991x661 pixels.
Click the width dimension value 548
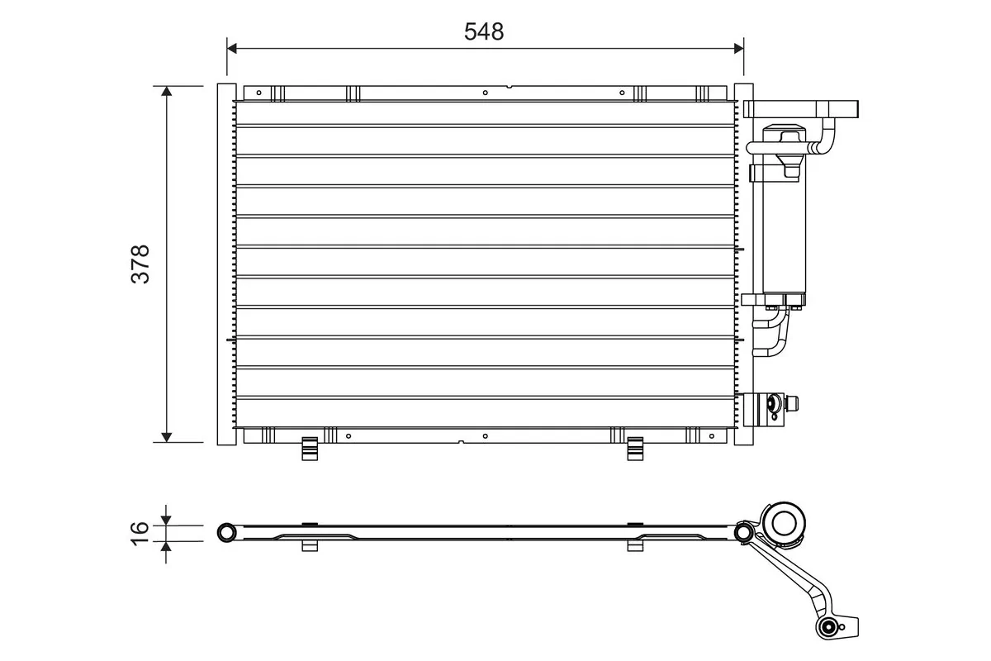484,31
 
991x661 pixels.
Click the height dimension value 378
141,264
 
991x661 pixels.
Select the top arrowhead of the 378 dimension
167,91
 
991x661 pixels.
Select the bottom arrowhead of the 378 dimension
167,436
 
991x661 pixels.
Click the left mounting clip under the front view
310,449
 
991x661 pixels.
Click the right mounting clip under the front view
635,449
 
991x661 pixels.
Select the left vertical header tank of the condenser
226,264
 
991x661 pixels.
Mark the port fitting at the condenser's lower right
773,404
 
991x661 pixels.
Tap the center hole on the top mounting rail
485,92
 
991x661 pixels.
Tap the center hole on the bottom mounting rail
485,435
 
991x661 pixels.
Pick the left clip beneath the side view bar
310,544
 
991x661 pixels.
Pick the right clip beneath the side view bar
635,544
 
